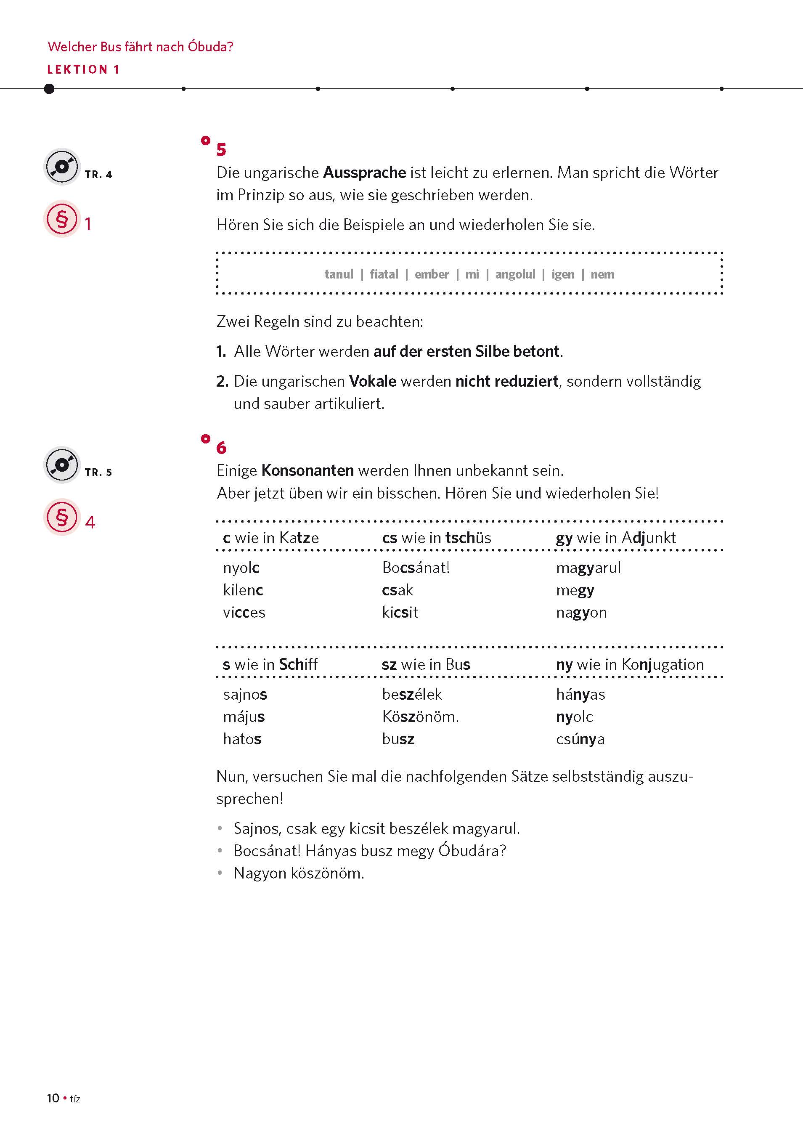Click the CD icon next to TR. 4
62,167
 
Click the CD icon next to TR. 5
62,465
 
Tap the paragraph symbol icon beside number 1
62,219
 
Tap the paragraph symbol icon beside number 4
62,517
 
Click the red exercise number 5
221,149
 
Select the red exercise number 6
221,448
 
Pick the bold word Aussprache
364,173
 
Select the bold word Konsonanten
307,470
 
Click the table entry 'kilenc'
243,590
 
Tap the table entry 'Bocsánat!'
416,568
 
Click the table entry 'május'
244,717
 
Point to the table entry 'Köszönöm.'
420,717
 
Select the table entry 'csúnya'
580,739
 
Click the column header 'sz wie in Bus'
426,664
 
